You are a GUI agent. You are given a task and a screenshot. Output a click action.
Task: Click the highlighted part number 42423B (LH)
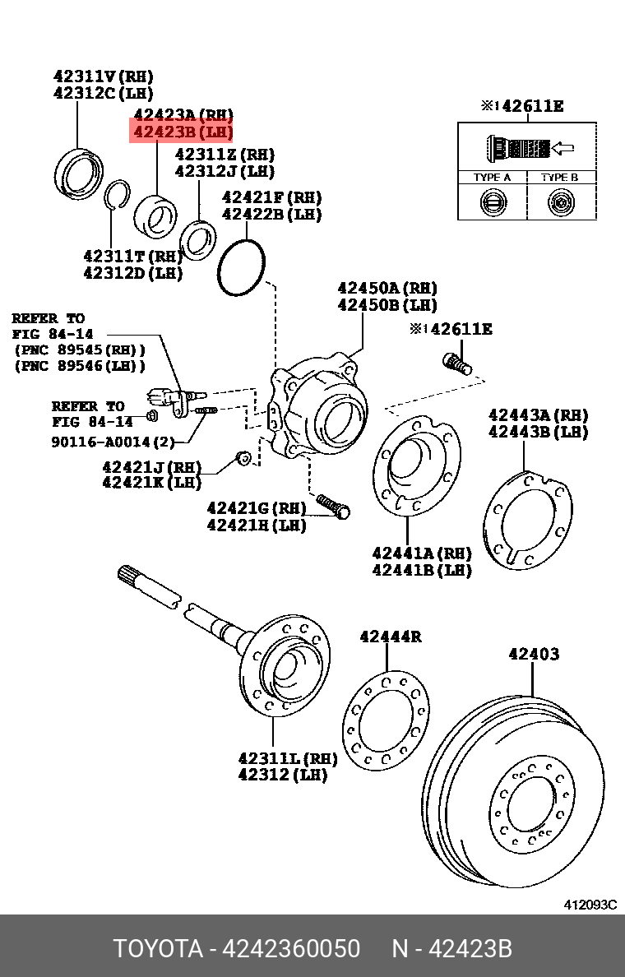(183, 132)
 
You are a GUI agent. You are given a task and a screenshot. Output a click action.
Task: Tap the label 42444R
(390, 637)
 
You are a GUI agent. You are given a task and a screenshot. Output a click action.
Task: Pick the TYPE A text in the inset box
(492, 178)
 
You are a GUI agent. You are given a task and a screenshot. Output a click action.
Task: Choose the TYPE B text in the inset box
(559, 178)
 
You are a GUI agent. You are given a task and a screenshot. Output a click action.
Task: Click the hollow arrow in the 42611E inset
(562, 149)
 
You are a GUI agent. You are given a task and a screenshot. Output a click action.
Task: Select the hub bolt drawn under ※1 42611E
(457, 363)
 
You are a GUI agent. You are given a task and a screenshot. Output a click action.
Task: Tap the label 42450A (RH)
(387, 288)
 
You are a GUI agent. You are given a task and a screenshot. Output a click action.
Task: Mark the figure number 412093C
(590, 905)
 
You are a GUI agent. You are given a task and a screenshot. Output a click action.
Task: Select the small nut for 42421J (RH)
(242, 456)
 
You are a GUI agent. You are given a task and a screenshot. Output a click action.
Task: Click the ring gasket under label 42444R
(385, 720)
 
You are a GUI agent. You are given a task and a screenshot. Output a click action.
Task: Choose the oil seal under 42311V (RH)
(80, 174)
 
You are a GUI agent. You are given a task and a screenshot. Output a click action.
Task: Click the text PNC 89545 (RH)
(80, 350)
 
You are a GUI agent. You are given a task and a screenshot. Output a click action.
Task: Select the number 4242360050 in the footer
(291, 949)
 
